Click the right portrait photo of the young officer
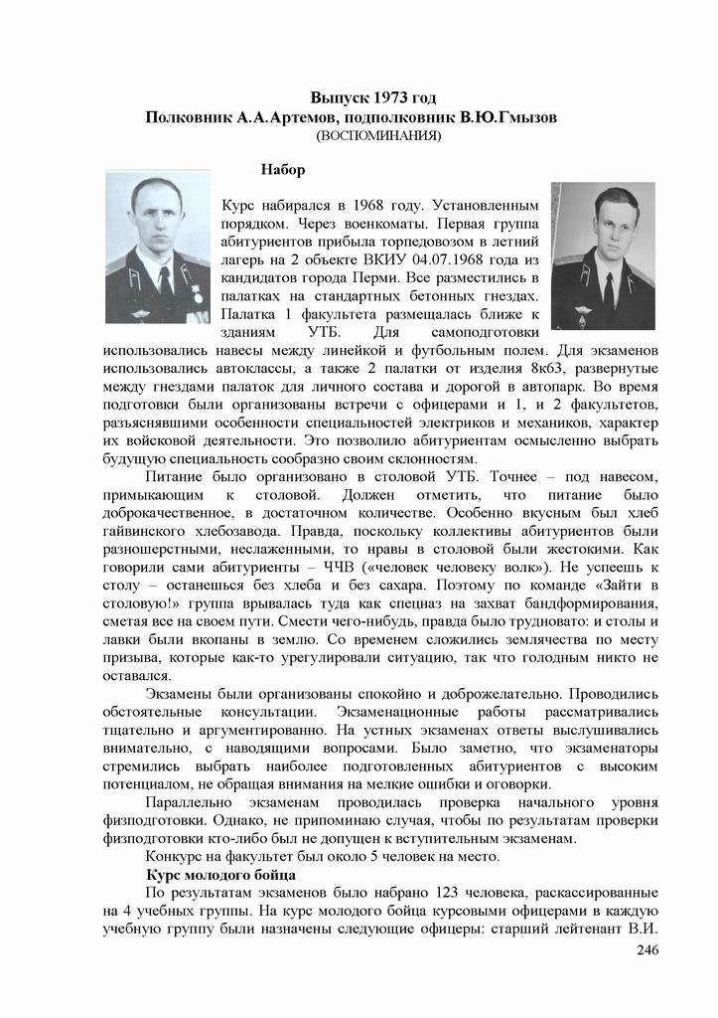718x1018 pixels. click(x=603, y=255)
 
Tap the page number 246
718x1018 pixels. click(x=646, y=951)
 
